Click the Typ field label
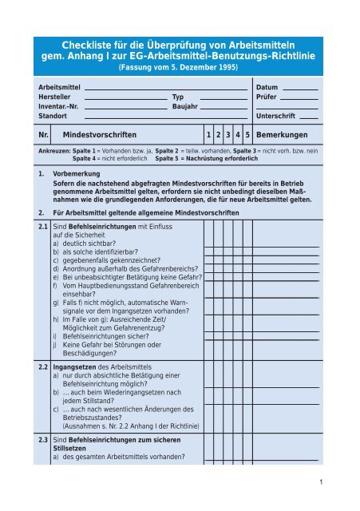(179, 95)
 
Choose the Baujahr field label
(186, 105)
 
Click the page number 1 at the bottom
(318, 483)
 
